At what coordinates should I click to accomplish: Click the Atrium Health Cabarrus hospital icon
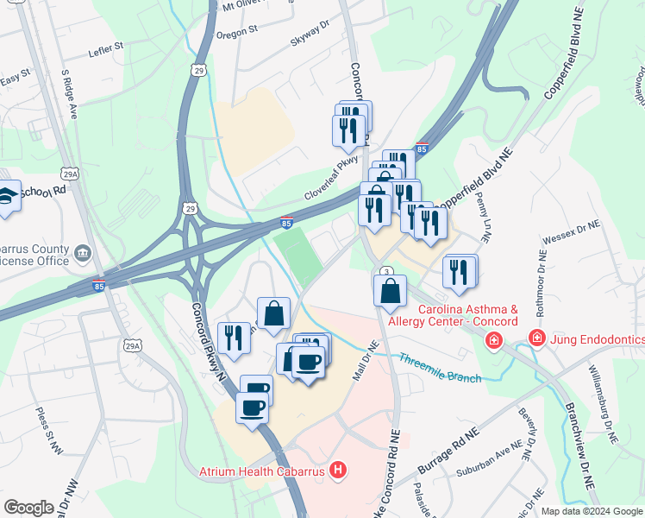pos(339,471)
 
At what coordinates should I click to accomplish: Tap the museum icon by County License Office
pos(82,253)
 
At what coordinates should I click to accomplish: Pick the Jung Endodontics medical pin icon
pos(536,337)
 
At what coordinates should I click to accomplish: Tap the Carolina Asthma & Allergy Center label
pos(466,315)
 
